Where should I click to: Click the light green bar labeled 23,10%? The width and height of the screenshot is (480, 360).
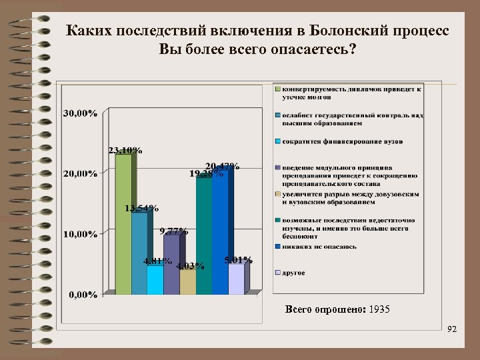pyautogui.click(x=123, y=223)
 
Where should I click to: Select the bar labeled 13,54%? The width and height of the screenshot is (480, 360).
pyautogui.click(x=139, y=253)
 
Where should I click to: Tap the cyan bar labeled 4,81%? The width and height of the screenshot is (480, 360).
pyautogui.click(x=155, y=279)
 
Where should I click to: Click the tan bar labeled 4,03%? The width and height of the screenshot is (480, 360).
pyautogui.click(x=187, y=282)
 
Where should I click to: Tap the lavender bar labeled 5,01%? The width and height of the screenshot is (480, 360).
pyautogui.click(x=236, y=279)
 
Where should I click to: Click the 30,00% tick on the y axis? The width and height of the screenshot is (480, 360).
pyautogui.click(x=80, y=113)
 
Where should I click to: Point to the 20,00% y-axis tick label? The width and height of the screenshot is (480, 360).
pyautogui.click(x=80, y=174)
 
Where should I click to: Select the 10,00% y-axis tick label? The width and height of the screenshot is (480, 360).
pyautogui.click(x=80, y=234)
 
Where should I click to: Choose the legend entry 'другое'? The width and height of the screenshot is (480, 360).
pyautogui.click(x=293, y=273)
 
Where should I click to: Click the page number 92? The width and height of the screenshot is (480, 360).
pyautogui.click(x=452, y=329)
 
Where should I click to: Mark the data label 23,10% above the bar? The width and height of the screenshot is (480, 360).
pyautogui.click(x=125, y=150)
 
